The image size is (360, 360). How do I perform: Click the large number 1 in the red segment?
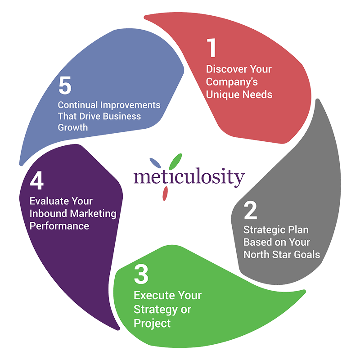click(x=212, y=49)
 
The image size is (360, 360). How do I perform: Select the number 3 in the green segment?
click(x=141, y=274)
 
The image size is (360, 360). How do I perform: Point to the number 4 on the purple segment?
click(x=37, y=183)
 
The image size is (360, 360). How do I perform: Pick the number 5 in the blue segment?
click(x=65, y=86)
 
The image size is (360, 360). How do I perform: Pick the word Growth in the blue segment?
click(x=72, y=127)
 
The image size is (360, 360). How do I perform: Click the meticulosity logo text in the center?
click(x=189, y=177)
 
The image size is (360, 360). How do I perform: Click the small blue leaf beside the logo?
click(x=155, y=162)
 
